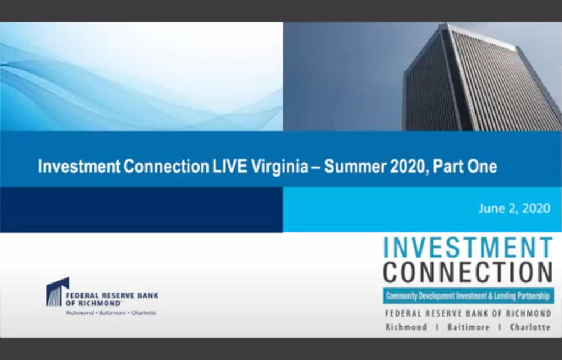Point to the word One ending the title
click(483, 167)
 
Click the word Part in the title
click(446, 167)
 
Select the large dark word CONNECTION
click(468, 272)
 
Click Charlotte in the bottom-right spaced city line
click(530, 327)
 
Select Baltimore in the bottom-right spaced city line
click(468, 327)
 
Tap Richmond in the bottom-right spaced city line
click(406, 327)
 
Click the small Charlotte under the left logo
click(143, 312)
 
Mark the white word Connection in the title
click(152, 167)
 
